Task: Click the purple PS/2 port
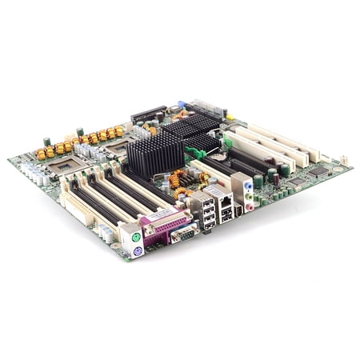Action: click(138, 250)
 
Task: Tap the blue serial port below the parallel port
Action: click(183, 234)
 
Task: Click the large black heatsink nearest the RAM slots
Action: click(155, 154)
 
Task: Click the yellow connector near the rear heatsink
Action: click(230, 116)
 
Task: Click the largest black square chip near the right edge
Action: click(318, 171)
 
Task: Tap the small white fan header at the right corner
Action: click(345, 160)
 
